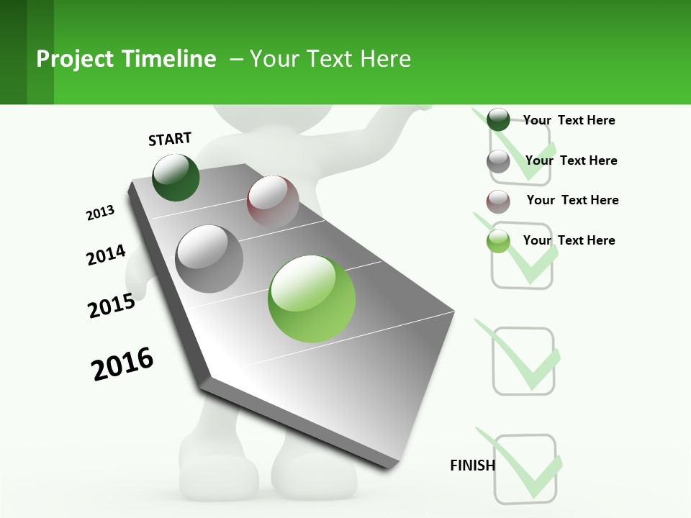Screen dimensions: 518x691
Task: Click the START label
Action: coord(170,139)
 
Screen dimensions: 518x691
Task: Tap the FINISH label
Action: coord(472,465)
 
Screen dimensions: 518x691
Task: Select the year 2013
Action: coord(101,213)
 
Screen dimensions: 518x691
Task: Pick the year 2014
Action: coord(106,255)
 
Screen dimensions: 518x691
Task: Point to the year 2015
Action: coord(112,306)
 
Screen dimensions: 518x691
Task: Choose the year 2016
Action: coord(122,364)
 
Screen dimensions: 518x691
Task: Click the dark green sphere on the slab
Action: coord(176,178)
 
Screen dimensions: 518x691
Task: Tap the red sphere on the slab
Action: coord(273,201)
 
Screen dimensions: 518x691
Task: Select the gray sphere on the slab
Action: coord(209,259)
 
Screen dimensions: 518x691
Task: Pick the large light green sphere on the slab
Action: coord(312,299)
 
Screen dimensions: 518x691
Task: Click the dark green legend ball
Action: coord(498,119)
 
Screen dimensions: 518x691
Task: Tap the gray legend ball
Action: coord(498,161)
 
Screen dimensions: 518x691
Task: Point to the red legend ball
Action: coord(498,201)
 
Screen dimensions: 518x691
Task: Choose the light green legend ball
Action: coord(498,241)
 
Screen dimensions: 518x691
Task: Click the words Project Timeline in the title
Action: coord(126,59)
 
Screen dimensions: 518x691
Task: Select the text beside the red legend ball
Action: coord(572,200)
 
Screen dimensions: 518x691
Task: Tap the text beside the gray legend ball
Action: coord(571,160)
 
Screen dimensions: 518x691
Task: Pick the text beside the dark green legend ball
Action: coord(569,120)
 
